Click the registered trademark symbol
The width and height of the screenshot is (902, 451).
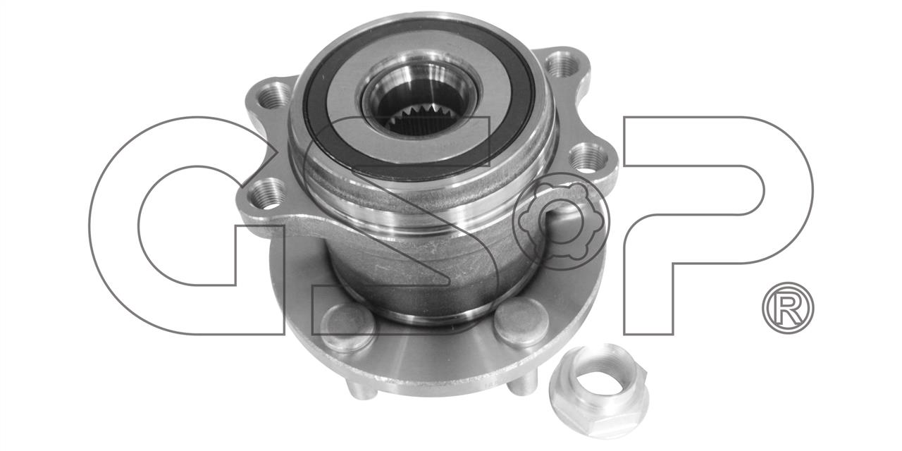click(x=788, y=308)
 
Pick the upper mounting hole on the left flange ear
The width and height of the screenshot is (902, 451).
click(x=273, y=96)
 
